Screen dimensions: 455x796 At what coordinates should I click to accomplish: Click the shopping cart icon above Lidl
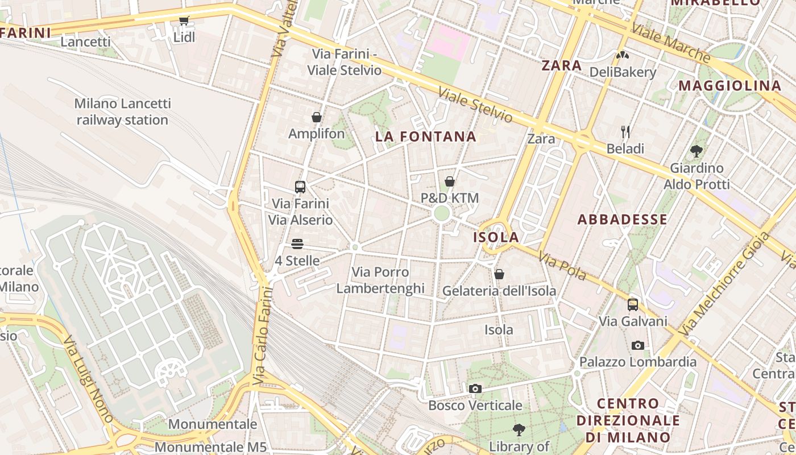tap(184, 21)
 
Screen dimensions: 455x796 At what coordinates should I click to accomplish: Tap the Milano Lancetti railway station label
tap(122, 112)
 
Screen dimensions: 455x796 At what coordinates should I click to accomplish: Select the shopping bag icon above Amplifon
tap(317, 117)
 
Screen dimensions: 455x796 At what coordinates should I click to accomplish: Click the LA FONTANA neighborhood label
tap(426, 136)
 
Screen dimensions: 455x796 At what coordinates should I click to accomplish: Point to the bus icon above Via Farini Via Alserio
tap(300, 187)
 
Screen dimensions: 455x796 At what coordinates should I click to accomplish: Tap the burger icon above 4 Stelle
tap(297, 244)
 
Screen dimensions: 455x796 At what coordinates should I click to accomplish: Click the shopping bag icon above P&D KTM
tap(450, 181)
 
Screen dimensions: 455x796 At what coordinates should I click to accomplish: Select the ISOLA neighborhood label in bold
tap(496, 237)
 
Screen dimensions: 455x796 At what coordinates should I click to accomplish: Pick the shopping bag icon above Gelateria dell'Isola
tap(499, 274)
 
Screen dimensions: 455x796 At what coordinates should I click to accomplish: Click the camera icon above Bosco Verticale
tap(475, 388)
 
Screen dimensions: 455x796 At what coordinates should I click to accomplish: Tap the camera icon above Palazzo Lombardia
tap(638, 345)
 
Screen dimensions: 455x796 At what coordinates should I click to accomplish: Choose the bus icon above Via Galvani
tap(633, 305)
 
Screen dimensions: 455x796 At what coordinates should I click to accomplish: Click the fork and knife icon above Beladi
tap(625, 132)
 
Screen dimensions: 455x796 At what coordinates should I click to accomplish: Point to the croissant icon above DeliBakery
tap(623, 55)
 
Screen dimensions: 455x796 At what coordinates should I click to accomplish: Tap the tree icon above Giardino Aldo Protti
tap(696, 151)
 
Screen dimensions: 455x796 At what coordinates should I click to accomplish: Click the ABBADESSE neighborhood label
tap(623, 220)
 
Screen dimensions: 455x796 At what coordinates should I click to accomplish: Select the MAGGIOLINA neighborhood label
tap(730, 86)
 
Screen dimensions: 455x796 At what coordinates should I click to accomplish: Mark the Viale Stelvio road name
tap(475, 105)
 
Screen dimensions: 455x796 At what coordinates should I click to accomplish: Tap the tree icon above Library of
tap(519, 429)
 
